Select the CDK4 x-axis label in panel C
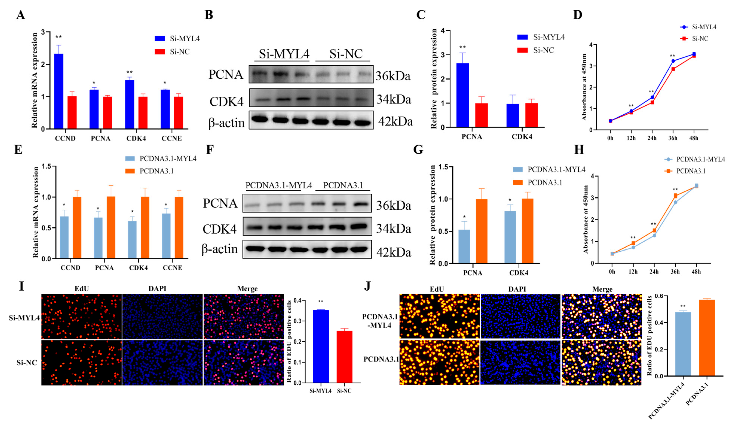(522, 137)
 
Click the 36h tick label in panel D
(673, 138)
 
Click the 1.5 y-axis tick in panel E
(47, 166)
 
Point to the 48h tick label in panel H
(696, 272)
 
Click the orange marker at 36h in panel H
(675, 196)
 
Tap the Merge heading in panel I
(247, 289)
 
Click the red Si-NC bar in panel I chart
(344, 357)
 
